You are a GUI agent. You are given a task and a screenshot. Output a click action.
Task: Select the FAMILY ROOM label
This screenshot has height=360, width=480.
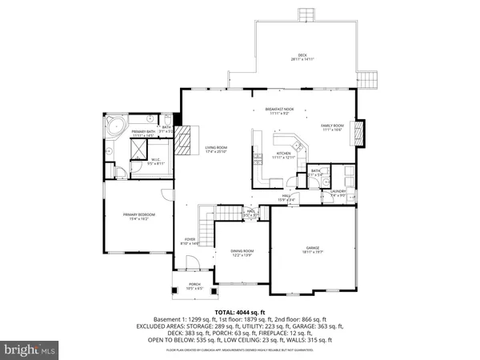(x=332, y=126)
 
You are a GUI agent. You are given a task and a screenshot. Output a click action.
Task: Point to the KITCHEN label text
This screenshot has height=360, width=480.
(x=283, y=154)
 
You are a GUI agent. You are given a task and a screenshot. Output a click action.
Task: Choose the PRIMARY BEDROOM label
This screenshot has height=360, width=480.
(x=139, y=215)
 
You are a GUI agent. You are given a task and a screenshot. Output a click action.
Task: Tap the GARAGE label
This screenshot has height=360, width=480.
(x=312, y=249)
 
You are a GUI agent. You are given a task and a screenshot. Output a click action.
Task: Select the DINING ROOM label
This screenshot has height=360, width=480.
(x=242, y=253)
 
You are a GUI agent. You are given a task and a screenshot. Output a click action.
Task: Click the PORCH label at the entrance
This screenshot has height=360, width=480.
(x=195, y=284)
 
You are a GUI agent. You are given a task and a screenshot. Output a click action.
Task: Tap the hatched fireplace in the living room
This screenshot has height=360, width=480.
(x=185, y=142)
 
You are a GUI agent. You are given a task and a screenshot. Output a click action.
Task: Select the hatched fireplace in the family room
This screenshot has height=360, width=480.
(x=358, y=130)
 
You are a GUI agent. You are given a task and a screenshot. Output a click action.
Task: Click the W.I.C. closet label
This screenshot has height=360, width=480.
(x=156, y=160)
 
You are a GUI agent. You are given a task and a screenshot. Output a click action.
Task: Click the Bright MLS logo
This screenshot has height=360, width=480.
(x=30, y=350)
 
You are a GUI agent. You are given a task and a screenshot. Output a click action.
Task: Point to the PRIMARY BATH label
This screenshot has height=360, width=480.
(x=142, y=132)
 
